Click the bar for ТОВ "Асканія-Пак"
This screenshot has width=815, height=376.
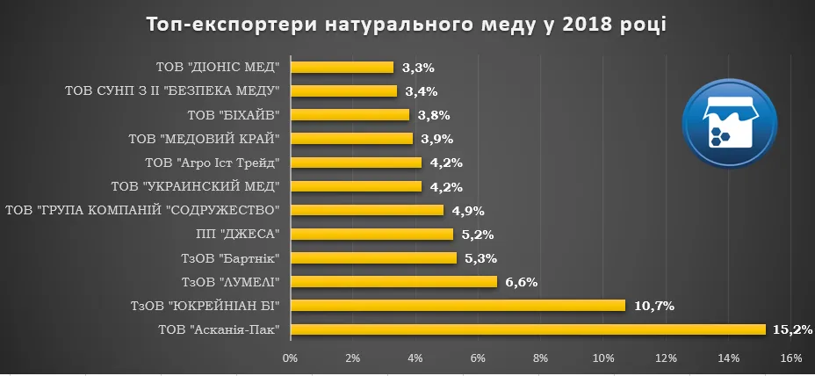527,329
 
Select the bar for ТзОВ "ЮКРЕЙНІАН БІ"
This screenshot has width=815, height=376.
457,306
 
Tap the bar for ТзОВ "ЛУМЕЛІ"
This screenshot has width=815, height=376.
393,282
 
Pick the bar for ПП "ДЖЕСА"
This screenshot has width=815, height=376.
371,234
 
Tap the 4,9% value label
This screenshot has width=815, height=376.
468,210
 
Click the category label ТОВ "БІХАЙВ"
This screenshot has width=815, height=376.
234,115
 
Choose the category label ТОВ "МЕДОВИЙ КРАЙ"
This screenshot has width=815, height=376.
205,139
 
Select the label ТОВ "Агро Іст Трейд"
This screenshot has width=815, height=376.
213,163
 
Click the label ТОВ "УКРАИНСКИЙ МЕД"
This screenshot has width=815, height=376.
196,186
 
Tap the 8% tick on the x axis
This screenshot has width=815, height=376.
541,358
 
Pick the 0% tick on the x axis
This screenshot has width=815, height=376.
290,358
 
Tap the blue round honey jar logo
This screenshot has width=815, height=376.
730,124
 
